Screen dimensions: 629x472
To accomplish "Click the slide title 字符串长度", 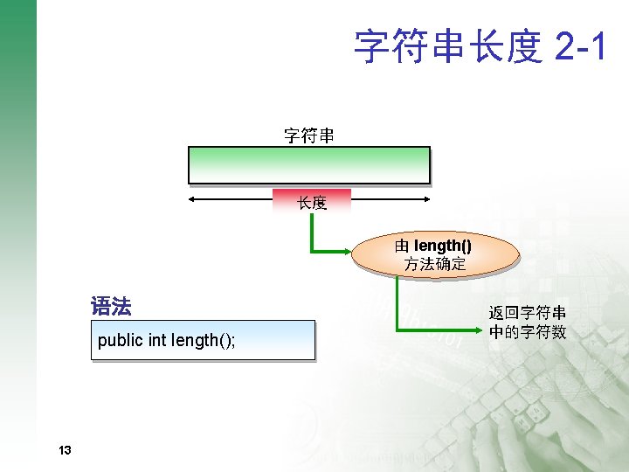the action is tap(448, 46).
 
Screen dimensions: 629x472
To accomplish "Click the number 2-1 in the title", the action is tap(579, 46).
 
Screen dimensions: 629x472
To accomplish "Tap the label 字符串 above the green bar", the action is tap(308, 135).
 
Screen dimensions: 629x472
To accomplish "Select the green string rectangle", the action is tap(309, 164).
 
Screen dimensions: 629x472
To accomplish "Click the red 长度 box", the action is tap(312, 202).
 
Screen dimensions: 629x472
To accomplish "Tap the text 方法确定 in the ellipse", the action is tap(434, 264).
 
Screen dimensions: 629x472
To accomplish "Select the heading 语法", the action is tap(111, 307).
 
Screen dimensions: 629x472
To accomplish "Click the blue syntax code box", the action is tap(203, 340).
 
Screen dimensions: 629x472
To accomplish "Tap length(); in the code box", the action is tap(203, 340).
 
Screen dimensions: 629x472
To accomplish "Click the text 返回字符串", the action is tap(527, 313).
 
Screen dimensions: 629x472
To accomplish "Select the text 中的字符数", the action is tap(527, 332).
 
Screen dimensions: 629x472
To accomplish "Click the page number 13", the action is tap(64, 451).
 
